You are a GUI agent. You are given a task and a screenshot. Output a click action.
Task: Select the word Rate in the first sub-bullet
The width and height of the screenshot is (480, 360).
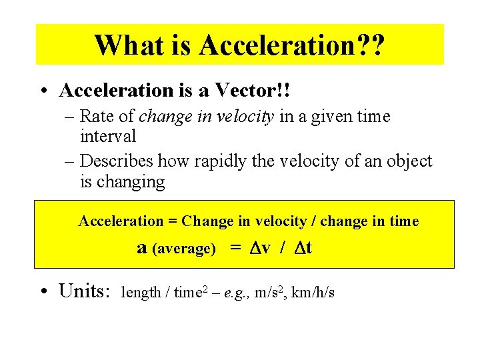99,117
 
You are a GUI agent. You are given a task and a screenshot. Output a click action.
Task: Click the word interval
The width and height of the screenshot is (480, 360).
108,137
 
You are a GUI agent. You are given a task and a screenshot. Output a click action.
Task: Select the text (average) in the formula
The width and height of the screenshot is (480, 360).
184,249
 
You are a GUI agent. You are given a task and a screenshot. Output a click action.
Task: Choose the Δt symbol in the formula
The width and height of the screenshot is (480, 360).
303,248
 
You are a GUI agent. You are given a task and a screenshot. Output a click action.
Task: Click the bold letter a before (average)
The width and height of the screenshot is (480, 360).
141,248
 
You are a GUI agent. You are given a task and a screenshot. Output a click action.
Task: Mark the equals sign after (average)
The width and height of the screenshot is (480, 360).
235,248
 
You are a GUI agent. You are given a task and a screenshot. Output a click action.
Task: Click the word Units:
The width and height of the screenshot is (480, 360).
84,291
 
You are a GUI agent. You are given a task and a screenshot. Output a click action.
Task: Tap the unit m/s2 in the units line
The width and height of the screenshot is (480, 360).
272,292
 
